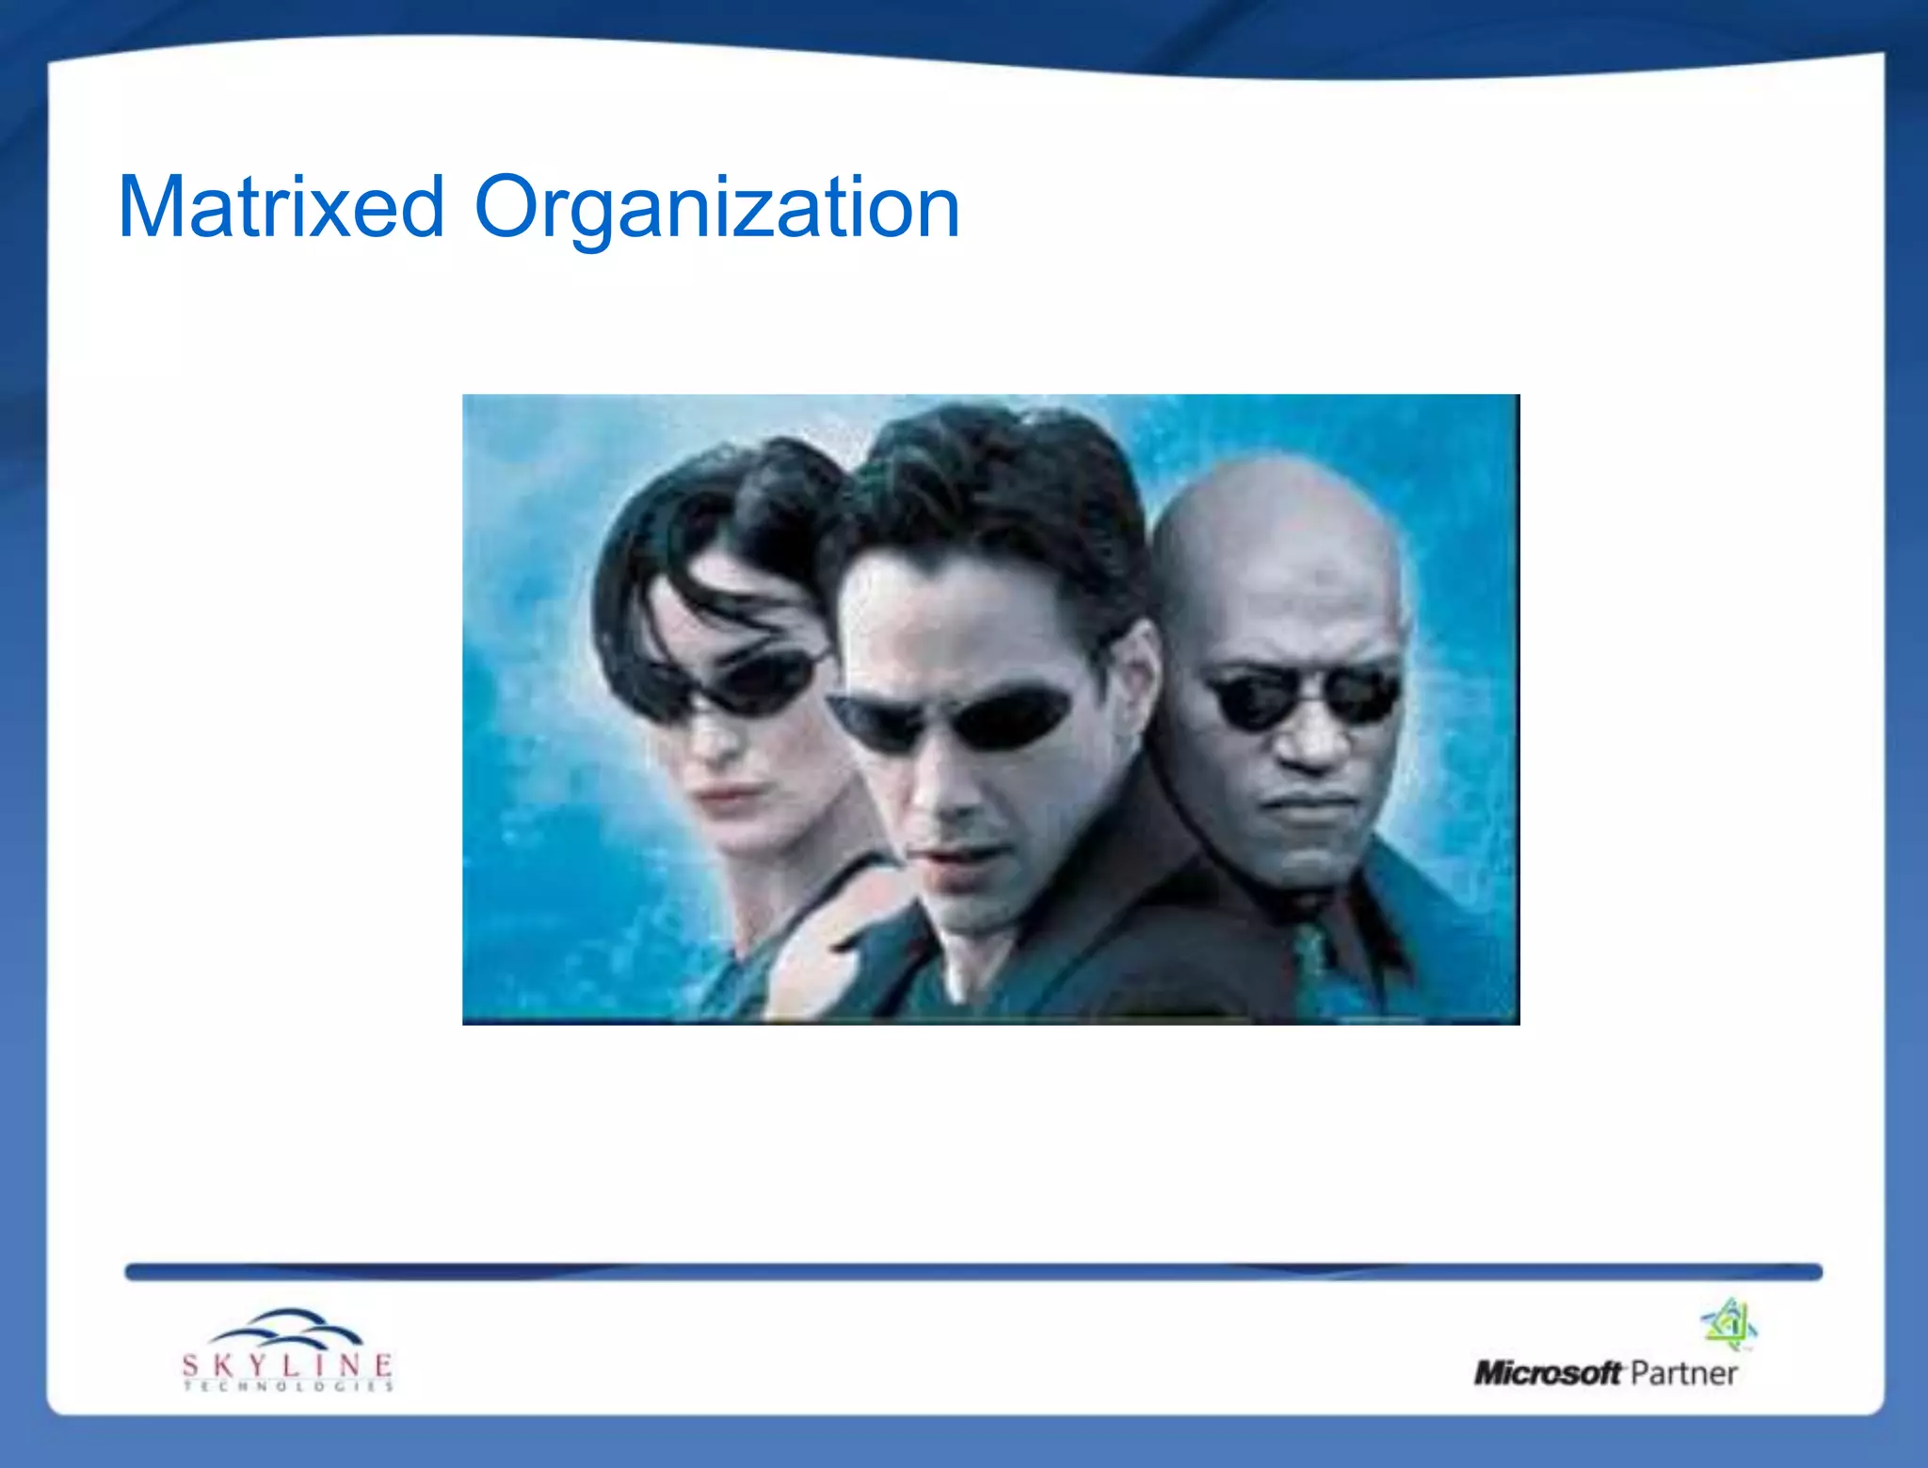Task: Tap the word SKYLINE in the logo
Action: click(287, 1364)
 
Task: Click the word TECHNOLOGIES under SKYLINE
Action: click(287, 1386)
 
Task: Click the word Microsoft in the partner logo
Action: click(1548, 1373)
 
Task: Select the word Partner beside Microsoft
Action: click(1683, 1373)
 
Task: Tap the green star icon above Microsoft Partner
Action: click(1729, 1324)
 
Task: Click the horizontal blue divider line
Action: click(973, 1272)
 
